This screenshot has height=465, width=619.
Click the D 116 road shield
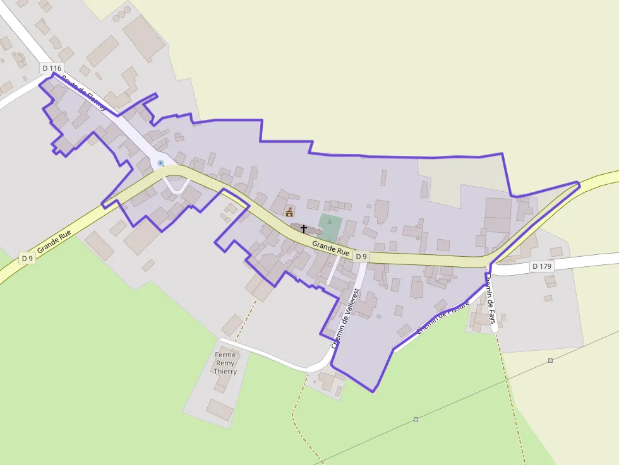52,67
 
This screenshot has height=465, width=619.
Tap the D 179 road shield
541,266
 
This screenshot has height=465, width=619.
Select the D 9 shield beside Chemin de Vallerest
360,256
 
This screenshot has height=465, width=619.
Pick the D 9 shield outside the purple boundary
27,258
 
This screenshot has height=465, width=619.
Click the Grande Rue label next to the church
330,247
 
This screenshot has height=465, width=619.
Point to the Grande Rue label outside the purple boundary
53,242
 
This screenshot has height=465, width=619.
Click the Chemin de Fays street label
491,303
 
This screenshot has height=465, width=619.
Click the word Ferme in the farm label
225,355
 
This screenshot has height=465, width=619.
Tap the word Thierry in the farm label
225,372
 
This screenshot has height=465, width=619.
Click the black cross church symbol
304,228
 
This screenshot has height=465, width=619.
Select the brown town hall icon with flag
289,211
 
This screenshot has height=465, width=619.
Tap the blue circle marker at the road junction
160,163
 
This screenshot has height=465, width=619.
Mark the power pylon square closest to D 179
550,360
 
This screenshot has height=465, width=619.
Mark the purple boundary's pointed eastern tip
579,184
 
